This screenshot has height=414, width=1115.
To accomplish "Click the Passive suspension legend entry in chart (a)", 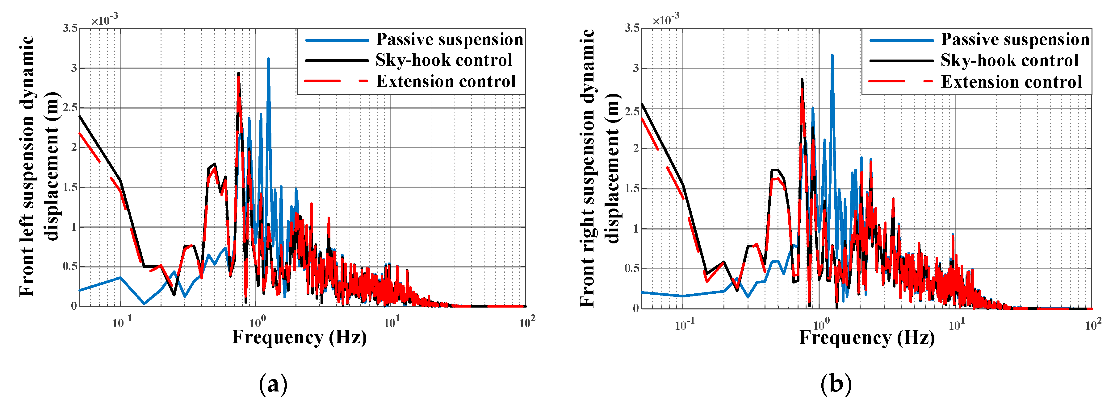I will point(449,39).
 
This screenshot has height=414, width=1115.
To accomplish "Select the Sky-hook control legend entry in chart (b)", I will point(1009,60).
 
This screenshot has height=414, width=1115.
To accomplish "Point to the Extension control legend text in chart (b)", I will point(1011,82).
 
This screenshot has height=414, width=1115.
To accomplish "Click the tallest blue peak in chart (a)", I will point(268,59).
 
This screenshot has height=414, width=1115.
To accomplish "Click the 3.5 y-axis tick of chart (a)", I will point(70,29).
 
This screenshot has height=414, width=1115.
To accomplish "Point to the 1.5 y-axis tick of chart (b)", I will point(632,188).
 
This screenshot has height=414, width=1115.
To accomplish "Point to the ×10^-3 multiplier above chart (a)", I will point(104,19).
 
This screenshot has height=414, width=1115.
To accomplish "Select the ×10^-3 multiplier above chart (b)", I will point(666,19).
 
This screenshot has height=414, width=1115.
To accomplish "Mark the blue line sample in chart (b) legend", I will point(901,40).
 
